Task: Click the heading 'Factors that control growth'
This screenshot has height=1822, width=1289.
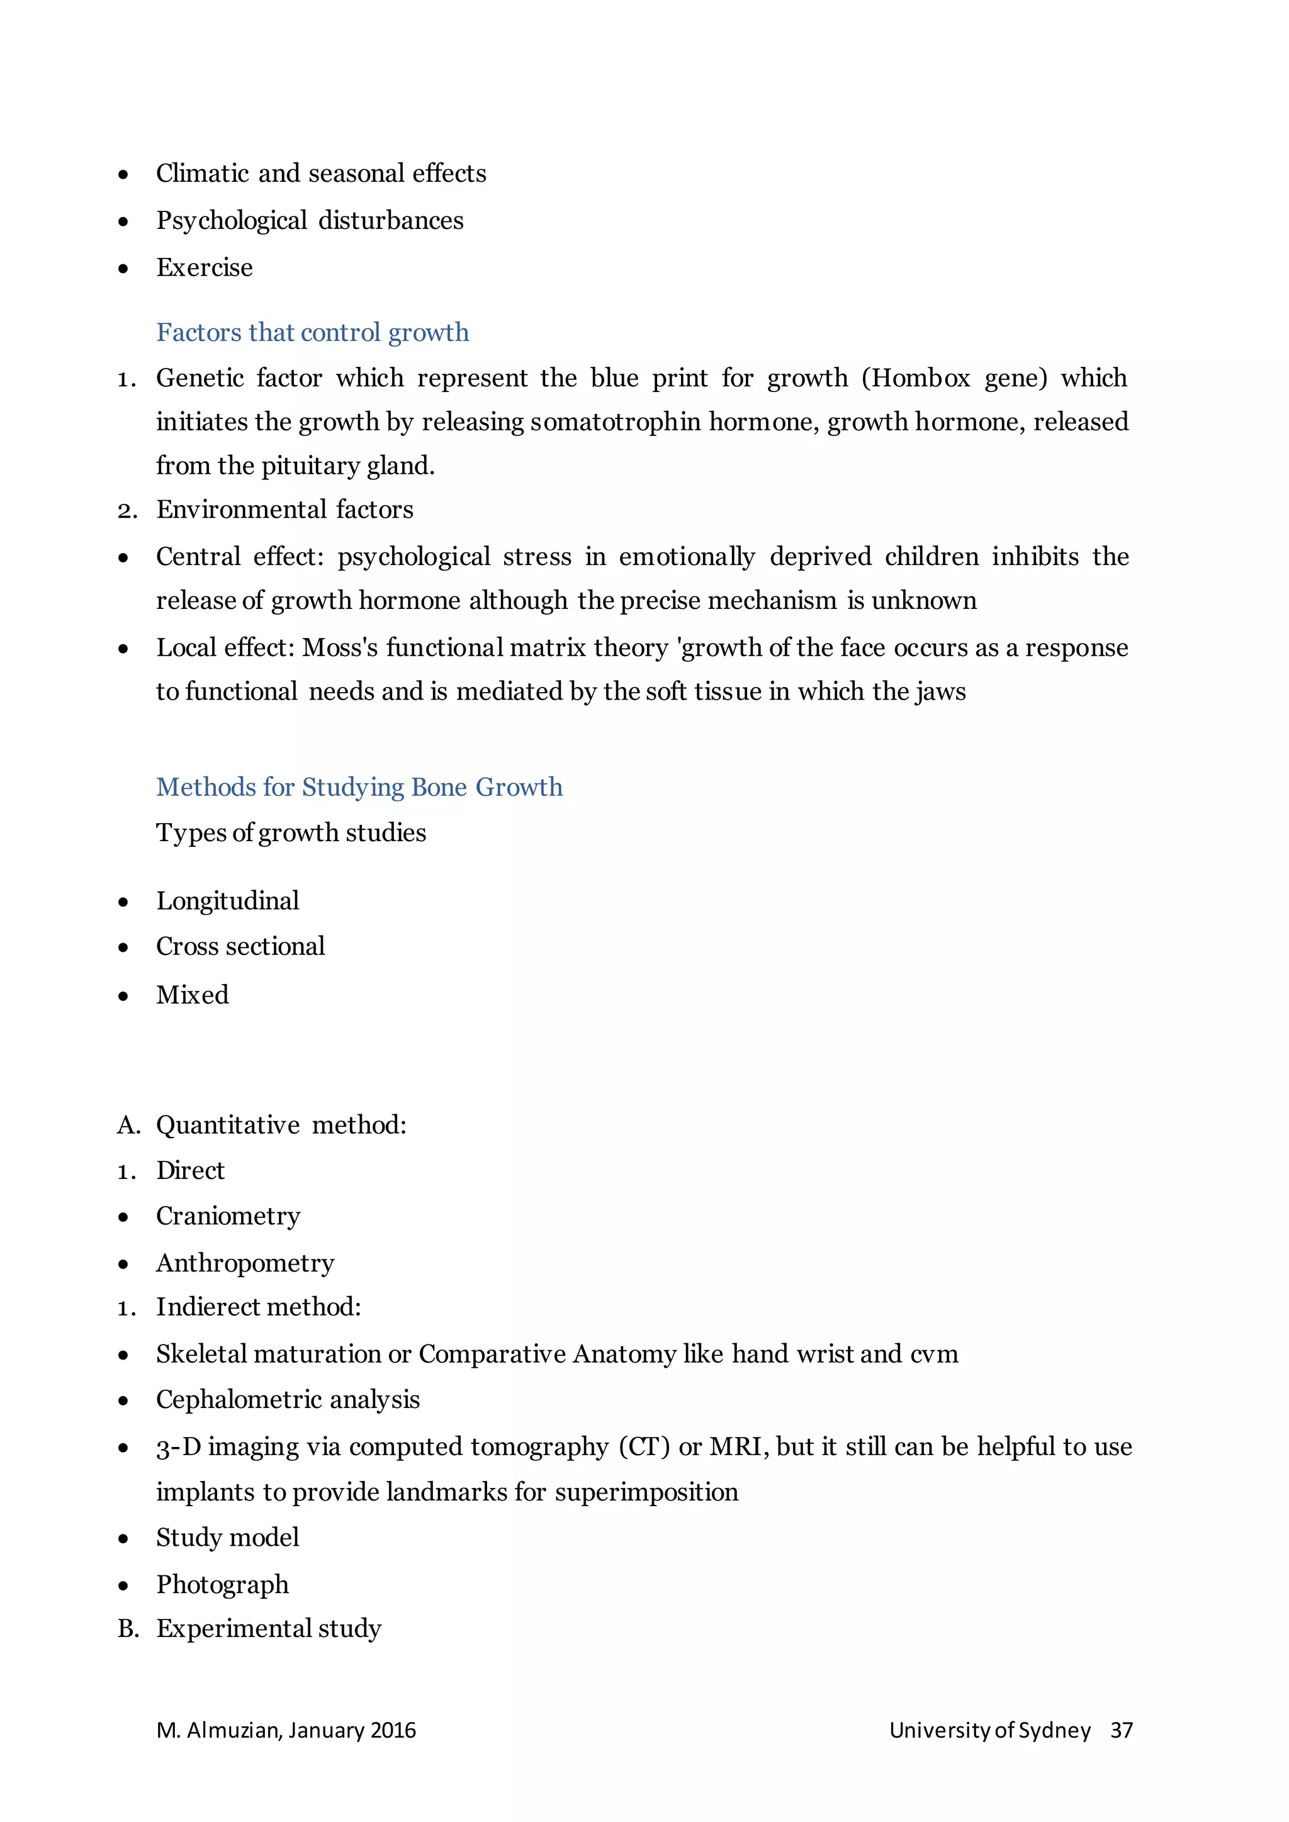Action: pos(312,332)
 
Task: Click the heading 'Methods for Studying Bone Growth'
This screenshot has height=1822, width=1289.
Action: pos(359,787)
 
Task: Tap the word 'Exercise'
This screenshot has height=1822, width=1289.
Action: pos(204,267)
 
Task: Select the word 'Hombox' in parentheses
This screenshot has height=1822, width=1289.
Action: pos(922,377)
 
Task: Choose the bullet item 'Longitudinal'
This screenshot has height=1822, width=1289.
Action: pos(227,901)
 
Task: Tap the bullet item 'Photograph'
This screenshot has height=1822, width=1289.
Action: pos(222,1585)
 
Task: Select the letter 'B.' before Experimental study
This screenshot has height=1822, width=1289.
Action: pos(128,1629)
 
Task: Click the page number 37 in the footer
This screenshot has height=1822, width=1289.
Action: pos(1121,1731)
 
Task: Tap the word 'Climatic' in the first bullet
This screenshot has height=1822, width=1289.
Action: pos(203,174)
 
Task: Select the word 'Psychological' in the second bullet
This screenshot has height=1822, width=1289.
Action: pos(231,221)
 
